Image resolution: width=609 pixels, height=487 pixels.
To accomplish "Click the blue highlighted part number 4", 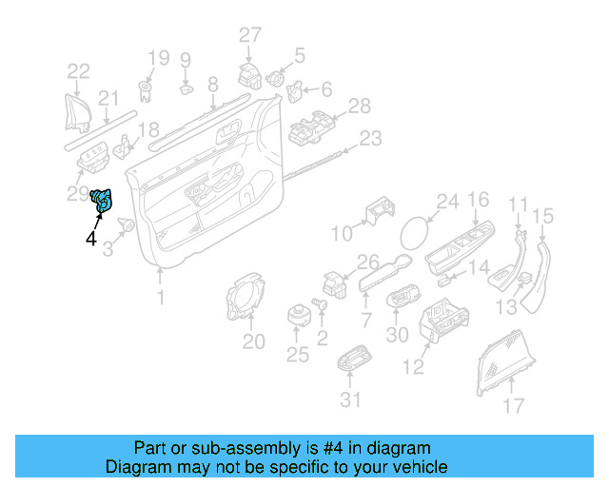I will tap(102, 201).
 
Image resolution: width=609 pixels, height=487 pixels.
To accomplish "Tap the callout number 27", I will tap(249, 36).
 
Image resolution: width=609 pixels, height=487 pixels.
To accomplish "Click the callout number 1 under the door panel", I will tap(161, 298).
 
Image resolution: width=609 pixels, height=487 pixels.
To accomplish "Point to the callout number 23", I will tap(370, 139).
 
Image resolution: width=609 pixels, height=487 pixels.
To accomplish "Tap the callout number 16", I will tap(478, 200).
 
